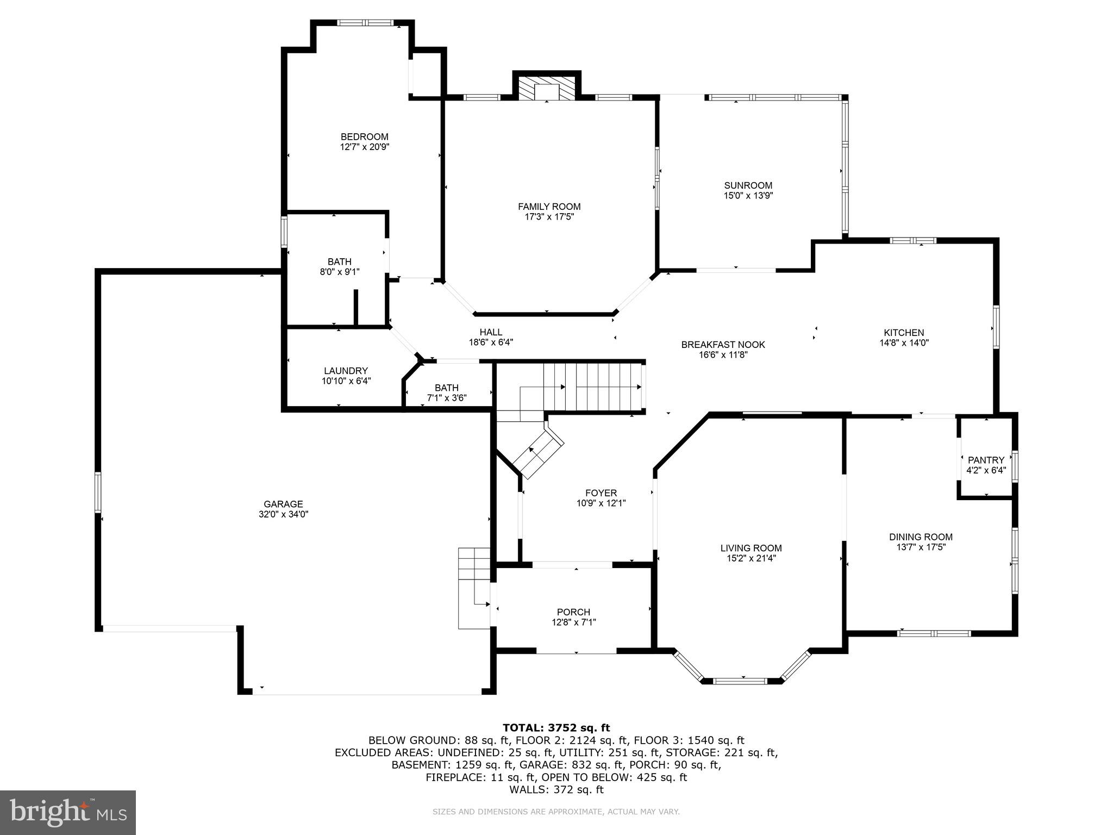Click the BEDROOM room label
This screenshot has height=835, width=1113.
pyautogui.click(x=364, y=136)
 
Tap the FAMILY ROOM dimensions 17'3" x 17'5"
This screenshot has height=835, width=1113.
pyautogui.click(x=549, y=217)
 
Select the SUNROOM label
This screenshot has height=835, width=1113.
pyautogui.click(x=748, y=185)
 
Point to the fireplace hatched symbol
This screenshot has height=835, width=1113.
pyautogui.click(x=546, y=89)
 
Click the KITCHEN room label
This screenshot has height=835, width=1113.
pyautogui.click(x=903, y=333)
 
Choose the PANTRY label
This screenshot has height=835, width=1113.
pyautogui.click(x=986, y=460)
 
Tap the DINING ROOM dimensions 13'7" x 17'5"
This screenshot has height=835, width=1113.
pyautogui.click(x=921, y=547)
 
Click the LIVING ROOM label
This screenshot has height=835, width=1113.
pyautogui.click(x=751, y=548)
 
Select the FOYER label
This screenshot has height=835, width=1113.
pyautogui.click(x=601, y=493)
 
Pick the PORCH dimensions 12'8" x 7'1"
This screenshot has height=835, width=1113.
pyautogui.click(x=573, y=622)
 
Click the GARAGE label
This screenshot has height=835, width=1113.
pyautogui.click(x=283, y=504)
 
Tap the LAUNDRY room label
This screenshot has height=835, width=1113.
pyautogui.click(x=346, y=371)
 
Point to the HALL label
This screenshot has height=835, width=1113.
pyautogui.click(x=490, y=332)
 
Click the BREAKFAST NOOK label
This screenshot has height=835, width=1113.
pyautogui.click(x=723, y=345)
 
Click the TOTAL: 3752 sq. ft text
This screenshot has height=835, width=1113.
pyautogui.click(x=556, y=727)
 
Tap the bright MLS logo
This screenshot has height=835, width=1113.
pyautogui.click(x=68, y=813)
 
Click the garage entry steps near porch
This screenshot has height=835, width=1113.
pyautogui.click(x=474, y=588)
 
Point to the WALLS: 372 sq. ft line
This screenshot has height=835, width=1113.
pyautogui.click(x=556, y=789)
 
